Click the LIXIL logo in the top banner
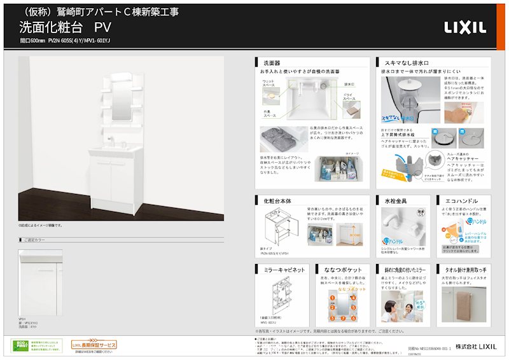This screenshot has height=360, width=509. (x=465, y=27)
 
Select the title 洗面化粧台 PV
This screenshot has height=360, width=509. (x=66, y=27)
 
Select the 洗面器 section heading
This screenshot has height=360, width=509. (x=272, y=64)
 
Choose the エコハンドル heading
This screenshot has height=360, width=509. (x=458, y=201)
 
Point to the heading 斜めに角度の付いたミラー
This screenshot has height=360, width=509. (x=407, y=269)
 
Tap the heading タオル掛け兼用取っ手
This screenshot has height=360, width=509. (x=467, y=269)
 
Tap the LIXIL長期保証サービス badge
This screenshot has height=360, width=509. (x=94, y=344)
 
